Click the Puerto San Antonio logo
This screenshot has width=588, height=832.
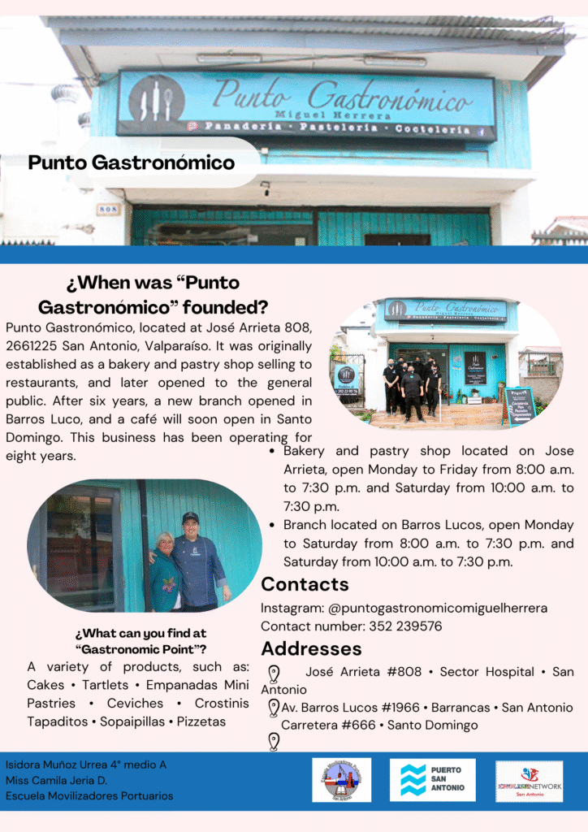(432, 780)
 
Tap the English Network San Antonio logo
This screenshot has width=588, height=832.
(529, 781)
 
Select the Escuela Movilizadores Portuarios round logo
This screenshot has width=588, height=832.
(341, 780)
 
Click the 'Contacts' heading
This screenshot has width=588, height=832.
(305, 584)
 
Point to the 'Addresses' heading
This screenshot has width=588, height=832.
(311, 649)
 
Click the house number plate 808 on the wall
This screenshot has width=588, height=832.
(108, 210)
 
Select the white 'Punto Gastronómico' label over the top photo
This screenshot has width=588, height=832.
(131, 162)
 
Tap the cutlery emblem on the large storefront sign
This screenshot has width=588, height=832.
(155, 98)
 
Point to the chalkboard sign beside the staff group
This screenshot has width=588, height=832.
(518, 403)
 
